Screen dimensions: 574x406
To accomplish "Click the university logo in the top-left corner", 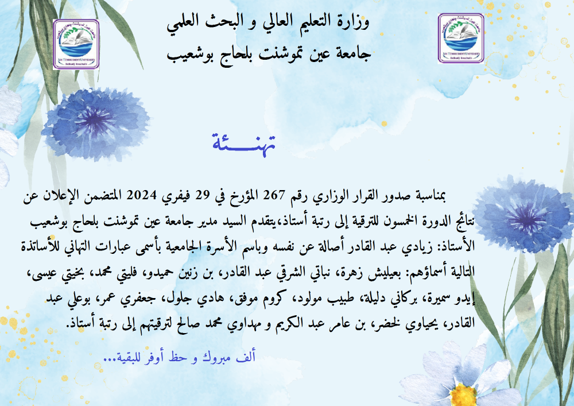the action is click(x=76, y=44).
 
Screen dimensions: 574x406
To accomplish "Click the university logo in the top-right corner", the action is click(x=461, y=38).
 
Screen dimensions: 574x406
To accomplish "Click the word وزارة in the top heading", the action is click(x=353, y=22).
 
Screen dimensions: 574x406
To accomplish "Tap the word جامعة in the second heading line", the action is click(x=353, y=54).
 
